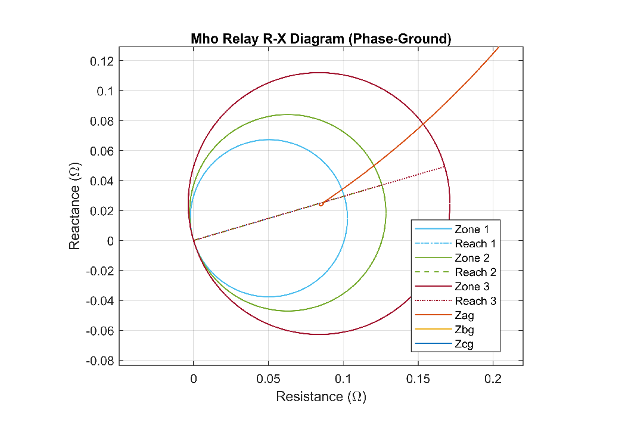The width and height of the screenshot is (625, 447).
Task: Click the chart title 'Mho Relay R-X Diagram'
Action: [x=321, y=39]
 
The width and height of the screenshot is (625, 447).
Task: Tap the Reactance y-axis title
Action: [x=75, y=207]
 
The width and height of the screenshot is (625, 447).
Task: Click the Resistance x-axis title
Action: [x=321, y=396]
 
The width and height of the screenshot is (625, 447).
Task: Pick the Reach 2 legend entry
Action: [x=475, y=272]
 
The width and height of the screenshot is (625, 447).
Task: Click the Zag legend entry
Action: [x=464, y=315]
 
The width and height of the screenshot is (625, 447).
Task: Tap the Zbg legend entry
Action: [x=464, y=330]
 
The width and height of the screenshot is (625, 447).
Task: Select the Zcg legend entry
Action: [x=464, y=344]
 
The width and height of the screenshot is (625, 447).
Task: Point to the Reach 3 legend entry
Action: [x=475, y=301]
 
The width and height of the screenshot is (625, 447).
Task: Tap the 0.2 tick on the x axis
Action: [x=493, y=379]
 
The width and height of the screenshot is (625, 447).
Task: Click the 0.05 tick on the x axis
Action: [x=268, y=379]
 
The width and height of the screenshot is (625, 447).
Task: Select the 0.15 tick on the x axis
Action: [x=418, y=379]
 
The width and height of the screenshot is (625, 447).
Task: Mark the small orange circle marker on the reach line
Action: [x=321, y=204]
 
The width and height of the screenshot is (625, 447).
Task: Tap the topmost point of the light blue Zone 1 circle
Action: [x=269, y=139]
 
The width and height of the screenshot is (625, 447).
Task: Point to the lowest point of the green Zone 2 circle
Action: [x=288, y=311]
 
